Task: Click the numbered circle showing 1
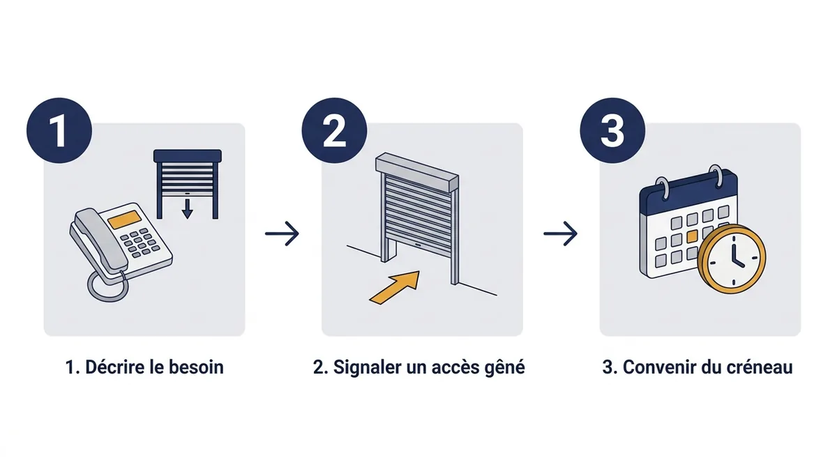(59, 130)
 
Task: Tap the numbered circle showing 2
(334, 130)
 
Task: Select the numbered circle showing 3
(612, 130)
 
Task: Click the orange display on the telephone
(125, 219)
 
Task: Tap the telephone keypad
(139, 243)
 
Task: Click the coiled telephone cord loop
(107, 286)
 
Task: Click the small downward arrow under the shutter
(187, 209)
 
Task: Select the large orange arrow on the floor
(395, 287)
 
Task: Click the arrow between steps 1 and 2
(282, 233)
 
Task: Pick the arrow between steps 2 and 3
(561, 233)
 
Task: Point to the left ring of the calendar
(662, 187)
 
